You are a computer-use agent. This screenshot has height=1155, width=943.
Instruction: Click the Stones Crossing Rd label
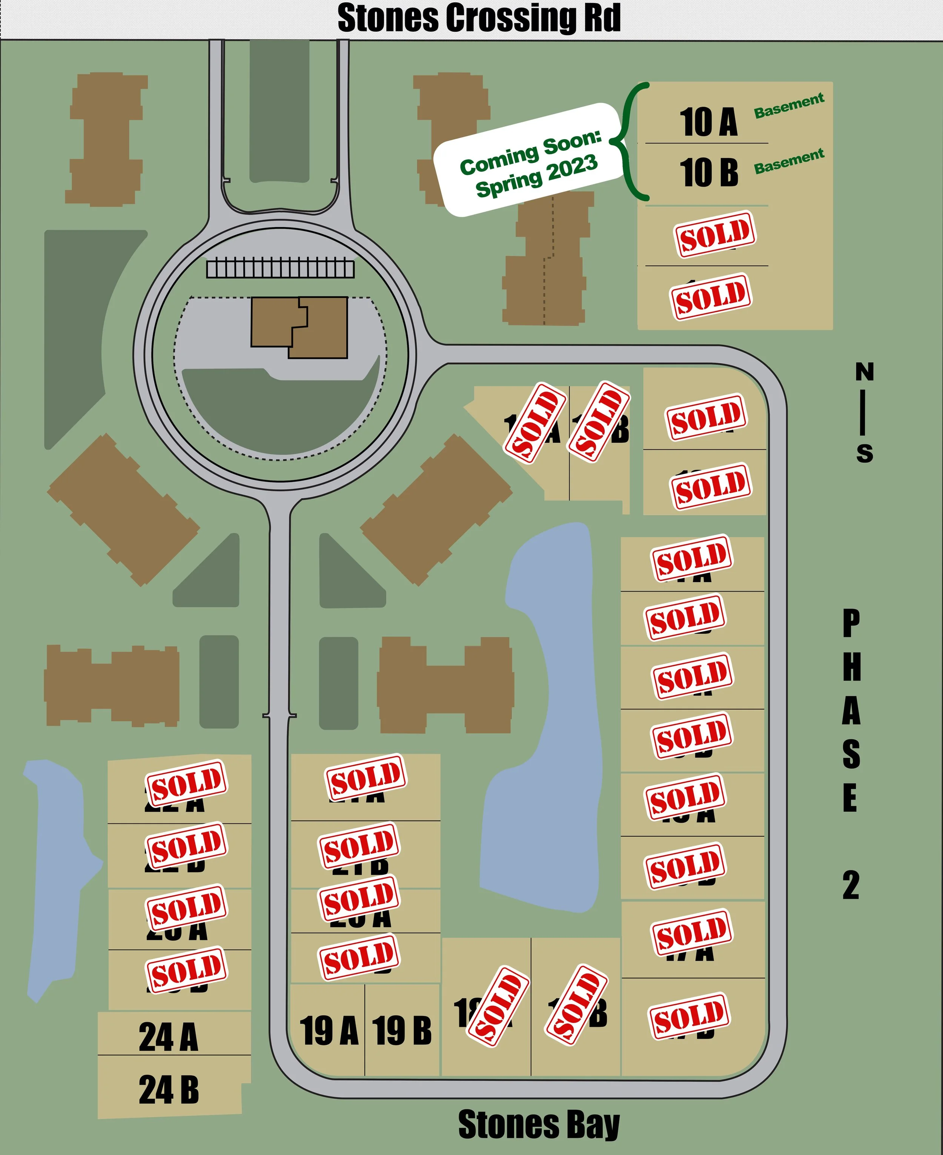pos(479,18)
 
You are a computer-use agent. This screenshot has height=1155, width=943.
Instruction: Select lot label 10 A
pos(708,122)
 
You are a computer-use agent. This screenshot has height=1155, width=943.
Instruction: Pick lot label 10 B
pos(708,172)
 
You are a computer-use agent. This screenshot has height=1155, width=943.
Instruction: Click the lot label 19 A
pos(329,1030)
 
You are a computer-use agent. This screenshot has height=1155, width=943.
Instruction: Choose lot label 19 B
pos(402,1030)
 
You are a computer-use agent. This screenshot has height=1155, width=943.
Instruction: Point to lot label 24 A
pos(168,1037)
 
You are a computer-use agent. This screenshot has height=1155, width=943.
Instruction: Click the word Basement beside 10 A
pos(789,105)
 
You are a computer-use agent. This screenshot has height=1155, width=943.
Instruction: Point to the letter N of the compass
pos(864,372)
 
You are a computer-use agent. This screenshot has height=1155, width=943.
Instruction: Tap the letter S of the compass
pos(864,453)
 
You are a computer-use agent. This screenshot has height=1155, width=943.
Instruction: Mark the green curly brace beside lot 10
pos(630,141)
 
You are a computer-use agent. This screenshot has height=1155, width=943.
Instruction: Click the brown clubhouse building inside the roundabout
pos(299,327)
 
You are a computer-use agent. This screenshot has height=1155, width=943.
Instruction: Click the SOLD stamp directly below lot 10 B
pos(715,233)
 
